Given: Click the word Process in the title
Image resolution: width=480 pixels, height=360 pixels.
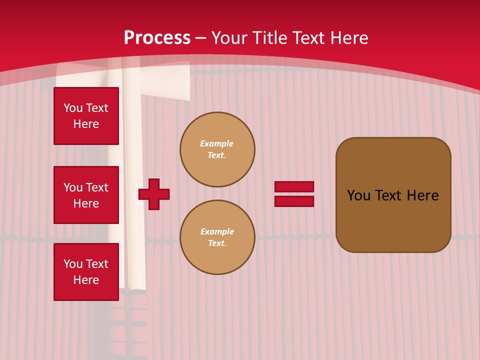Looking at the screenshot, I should point(157,38).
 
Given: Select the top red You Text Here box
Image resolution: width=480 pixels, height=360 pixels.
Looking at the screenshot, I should point(86,116).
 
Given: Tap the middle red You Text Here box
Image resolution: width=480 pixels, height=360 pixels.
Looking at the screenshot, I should point(86,195).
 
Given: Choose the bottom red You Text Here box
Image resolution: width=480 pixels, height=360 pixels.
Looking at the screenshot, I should point(86,272).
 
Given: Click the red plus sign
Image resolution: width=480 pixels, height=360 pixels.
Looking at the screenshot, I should point(154,194).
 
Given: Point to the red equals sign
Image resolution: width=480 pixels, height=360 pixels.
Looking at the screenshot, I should point(294,194).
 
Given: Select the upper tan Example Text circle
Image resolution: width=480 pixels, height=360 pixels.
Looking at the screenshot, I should point(217,149).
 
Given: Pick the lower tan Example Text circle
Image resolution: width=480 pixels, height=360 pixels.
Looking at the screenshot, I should point(217,237).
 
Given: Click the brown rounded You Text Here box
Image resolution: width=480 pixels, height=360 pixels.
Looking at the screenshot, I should point(393,195).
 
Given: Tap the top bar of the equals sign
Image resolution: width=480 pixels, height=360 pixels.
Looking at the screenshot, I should point(294,186).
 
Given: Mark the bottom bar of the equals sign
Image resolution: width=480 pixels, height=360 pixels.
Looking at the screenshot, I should point(294,201).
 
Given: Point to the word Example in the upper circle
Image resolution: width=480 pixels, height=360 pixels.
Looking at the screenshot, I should point(217,143).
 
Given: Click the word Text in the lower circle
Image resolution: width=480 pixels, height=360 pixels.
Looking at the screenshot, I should point(217,243).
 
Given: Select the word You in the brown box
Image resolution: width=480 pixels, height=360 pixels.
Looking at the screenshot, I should point(358,195).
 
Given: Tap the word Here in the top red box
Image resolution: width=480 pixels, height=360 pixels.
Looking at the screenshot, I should point(86,124).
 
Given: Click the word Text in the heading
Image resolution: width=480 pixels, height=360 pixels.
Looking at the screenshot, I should point(308,38).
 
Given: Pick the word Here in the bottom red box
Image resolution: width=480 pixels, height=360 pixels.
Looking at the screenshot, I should point(86,280).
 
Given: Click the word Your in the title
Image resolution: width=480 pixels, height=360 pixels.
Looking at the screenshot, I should point(230,38).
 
